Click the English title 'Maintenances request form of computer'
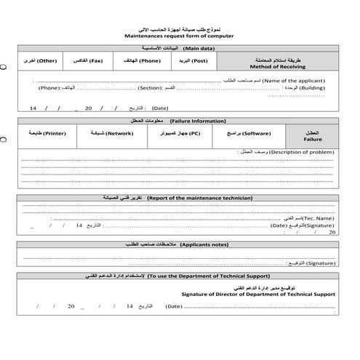180,36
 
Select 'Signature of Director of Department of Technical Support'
259,295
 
